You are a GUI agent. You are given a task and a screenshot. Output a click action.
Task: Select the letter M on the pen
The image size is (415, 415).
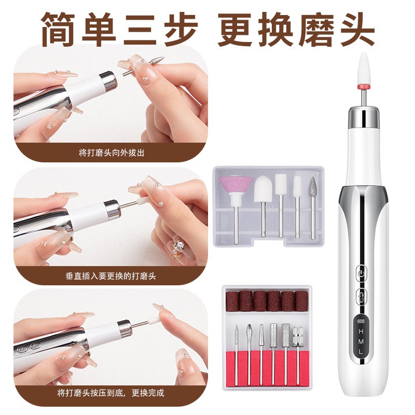click(x=361, y=340)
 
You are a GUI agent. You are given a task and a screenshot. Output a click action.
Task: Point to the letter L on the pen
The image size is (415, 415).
click(x=361, y=352)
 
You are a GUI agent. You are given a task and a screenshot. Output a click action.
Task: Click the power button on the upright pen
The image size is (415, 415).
click(x=361, y=272)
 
